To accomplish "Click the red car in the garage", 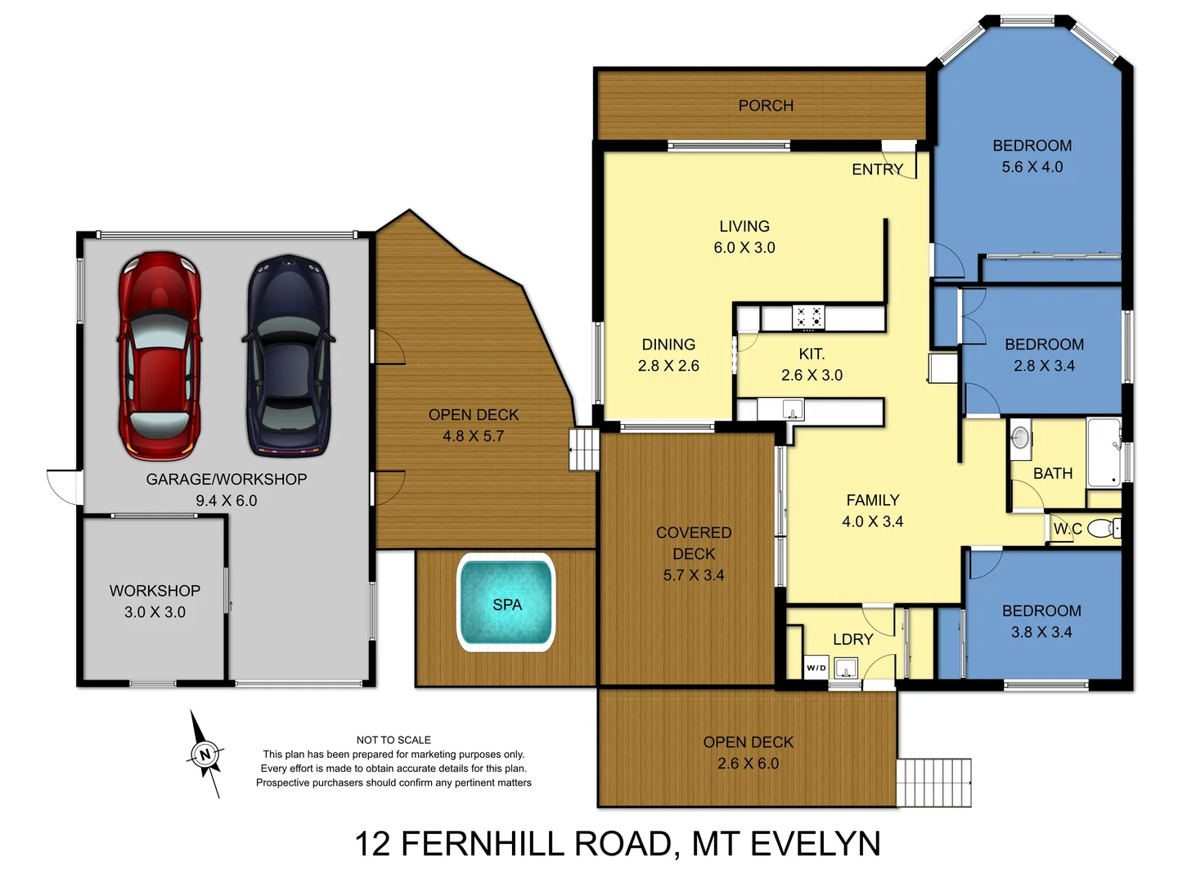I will tap(160, 356).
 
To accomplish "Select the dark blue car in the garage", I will tap(289, 356).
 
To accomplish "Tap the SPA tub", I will tap(506, 603).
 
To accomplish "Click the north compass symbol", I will tap(205, 754).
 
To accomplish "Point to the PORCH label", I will tap(766, 106).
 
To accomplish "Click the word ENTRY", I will tap(877, 169).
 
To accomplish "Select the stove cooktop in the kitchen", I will tap(809, 318).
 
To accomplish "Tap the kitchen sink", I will tap(792, 408).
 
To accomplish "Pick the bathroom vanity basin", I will tap(1020, 438).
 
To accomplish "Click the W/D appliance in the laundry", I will tap(816, 668).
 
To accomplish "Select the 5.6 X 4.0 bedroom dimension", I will tap(1032, 167).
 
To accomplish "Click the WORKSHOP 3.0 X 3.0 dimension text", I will tap(155, 612).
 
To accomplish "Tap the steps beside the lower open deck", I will tap(933, 783).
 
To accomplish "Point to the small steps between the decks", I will tap(585, 449).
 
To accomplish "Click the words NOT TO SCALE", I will tap(393, 740).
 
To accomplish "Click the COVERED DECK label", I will tap(694, 543).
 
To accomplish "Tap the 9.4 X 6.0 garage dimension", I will tap(226, 501).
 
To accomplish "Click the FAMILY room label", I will tap(872, 500).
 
